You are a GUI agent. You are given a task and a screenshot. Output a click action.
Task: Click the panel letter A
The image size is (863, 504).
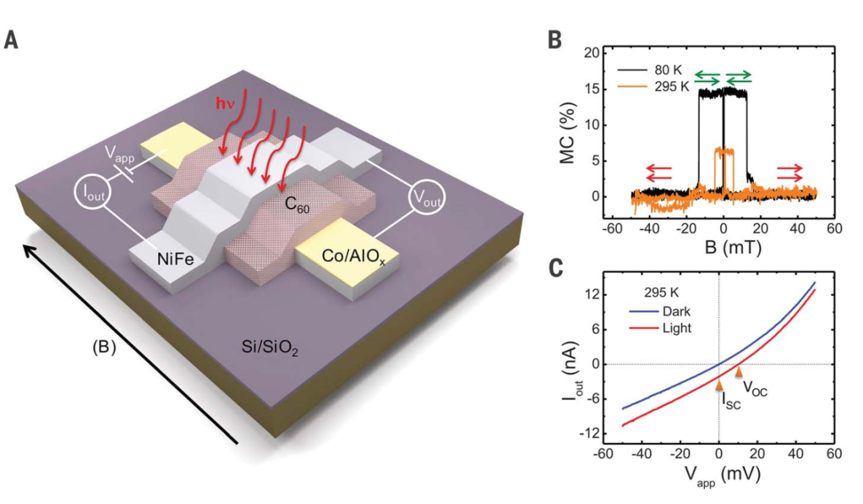coord(11,39)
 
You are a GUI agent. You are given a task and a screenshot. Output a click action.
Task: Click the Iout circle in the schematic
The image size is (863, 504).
coord(92,192)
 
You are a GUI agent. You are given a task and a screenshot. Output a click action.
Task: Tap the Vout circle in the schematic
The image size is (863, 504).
coord(426,198)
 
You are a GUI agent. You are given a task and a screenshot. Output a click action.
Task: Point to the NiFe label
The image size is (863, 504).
coord(175,258)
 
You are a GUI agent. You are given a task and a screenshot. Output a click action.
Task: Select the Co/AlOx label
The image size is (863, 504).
coord(353,257)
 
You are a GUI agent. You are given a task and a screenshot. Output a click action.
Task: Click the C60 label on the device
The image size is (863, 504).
coord(297,204)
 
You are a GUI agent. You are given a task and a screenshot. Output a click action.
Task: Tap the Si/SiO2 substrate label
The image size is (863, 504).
coord(270,348)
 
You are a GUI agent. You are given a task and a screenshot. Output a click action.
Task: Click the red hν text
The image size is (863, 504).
coord(225,103)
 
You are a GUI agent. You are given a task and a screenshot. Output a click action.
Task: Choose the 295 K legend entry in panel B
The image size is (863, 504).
coord(654,87)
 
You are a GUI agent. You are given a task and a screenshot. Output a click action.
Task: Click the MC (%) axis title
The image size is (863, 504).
coord(568,132)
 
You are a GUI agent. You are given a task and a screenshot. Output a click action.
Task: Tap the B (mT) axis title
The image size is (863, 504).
coord(733,247)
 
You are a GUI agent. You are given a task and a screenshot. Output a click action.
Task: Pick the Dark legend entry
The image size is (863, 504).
coord(660,311)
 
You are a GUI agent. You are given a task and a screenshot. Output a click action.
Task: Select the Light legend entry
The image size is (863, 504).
coord(661,328)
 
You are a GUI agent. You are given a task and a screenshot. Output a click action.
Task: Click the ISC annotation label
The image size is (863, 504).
coord(731,400)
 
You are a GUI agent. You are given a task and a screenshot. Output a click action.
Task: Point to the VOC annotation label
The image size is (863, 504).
coord(755,388)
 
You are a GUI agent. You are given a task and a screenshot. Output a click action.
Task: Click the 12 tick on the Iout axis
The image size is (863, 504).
coord(591,295)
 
